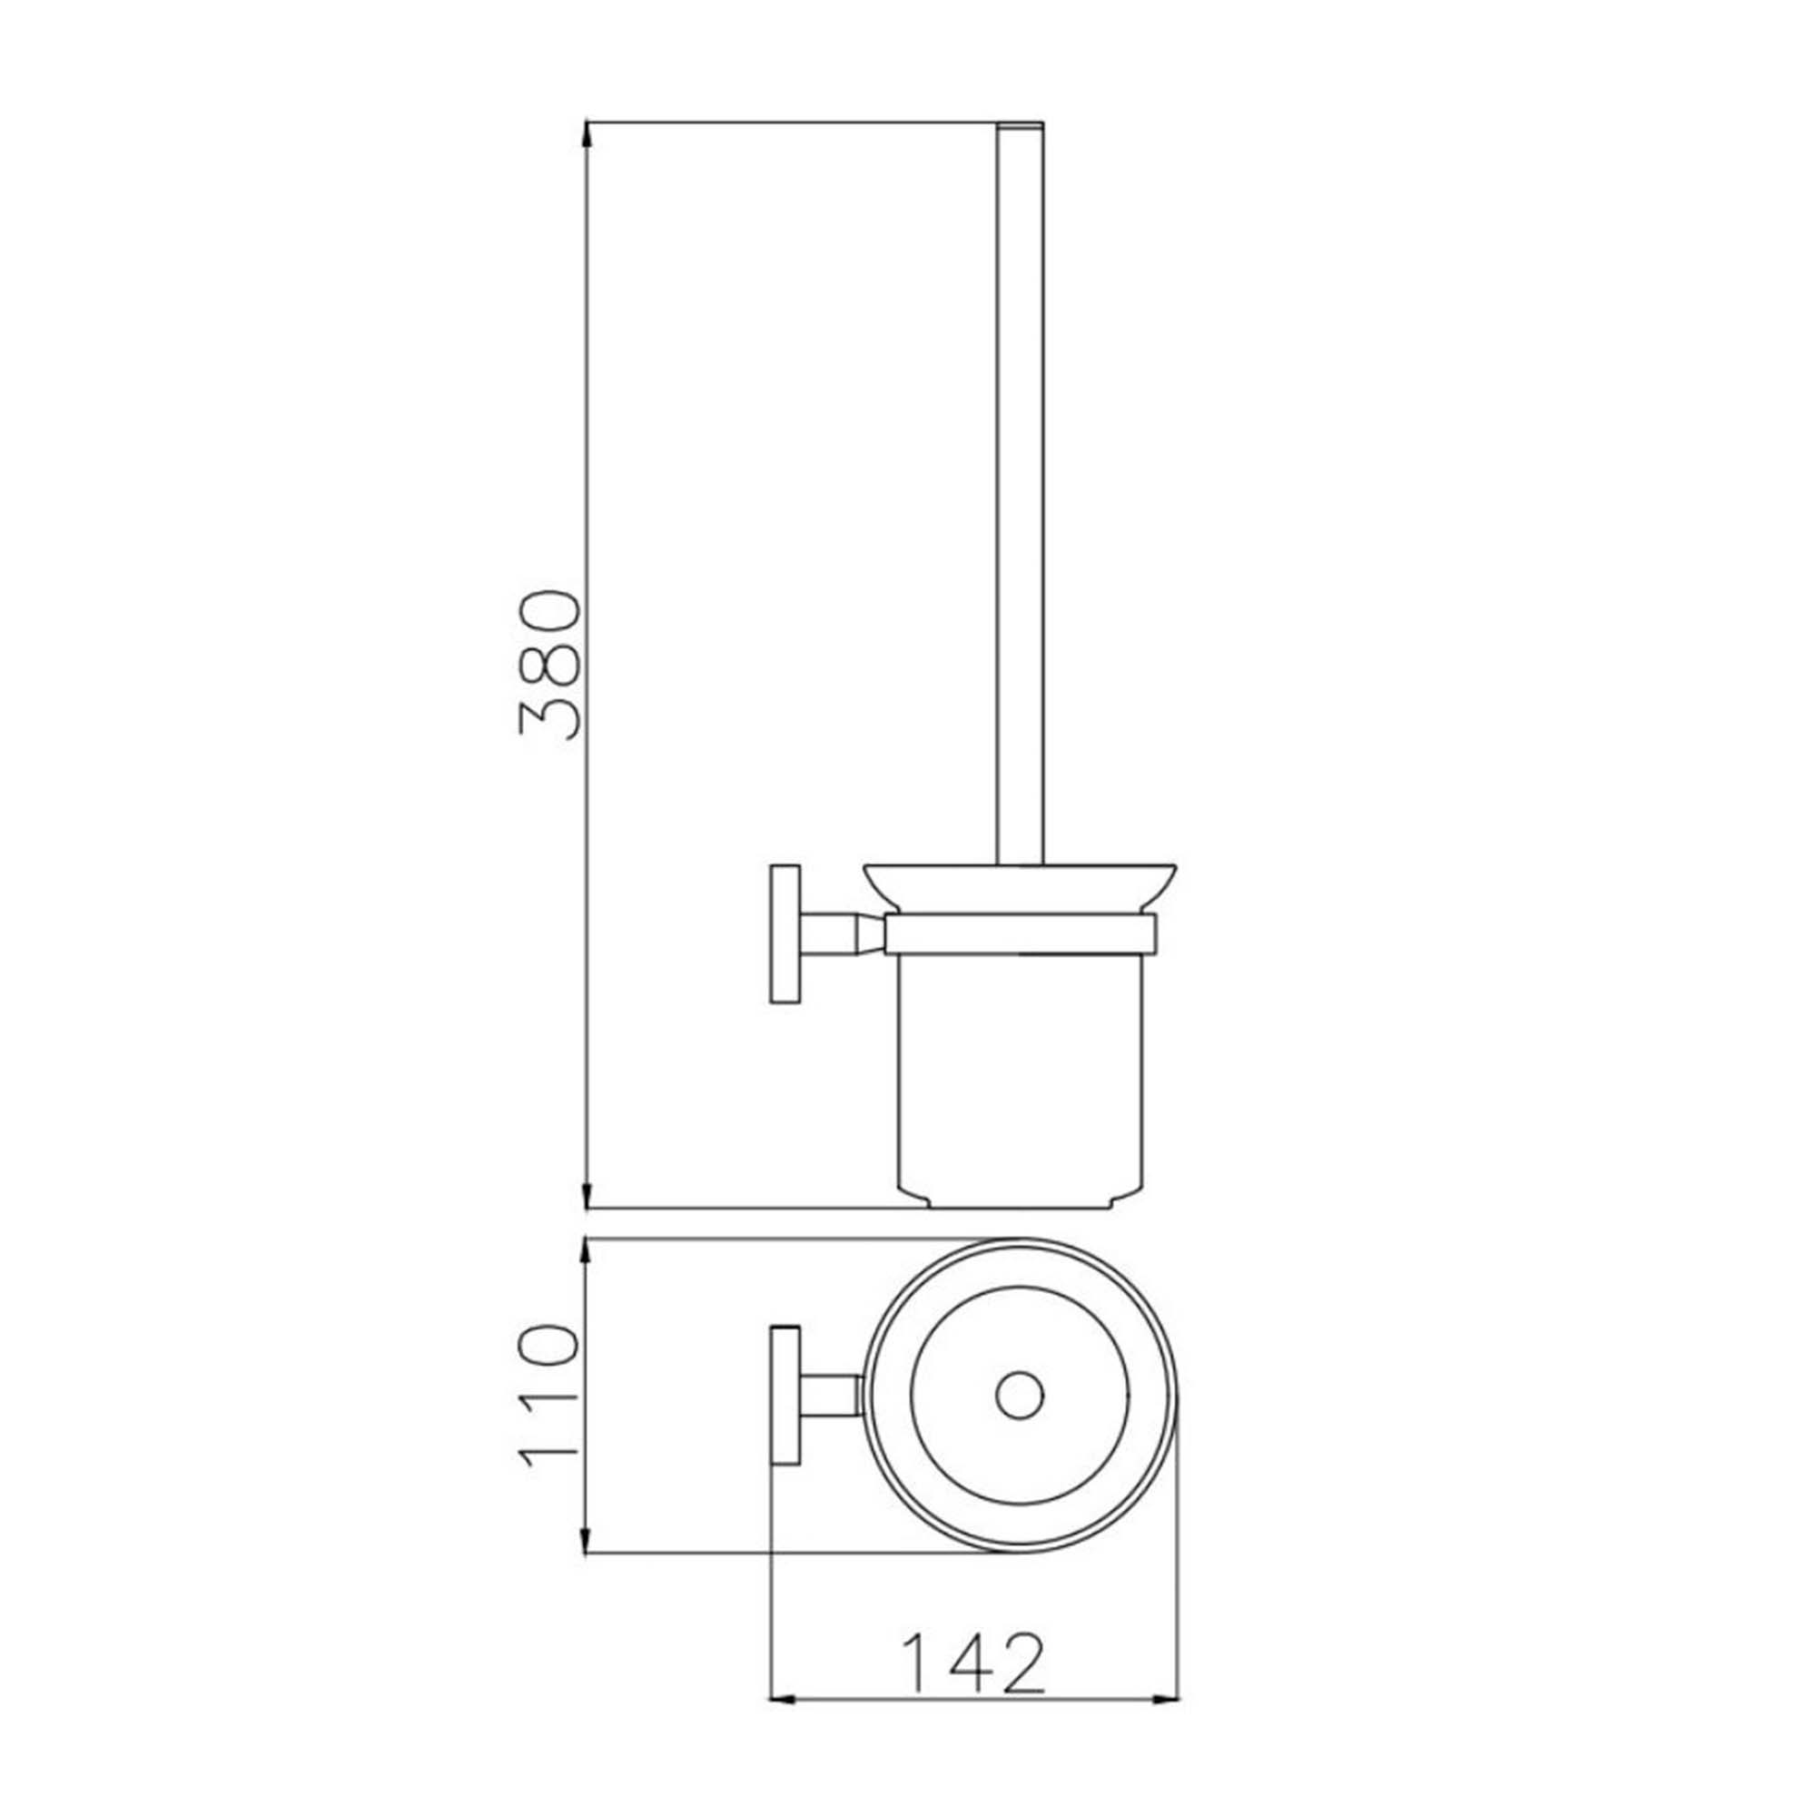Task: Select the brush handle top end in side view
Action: pyautogui.click(x=1020, y=126)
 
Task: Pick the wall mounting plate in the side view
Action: pyautogui.click(x=785, y=934)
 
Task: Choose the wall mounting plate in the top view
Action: pyautogui.click(x=785, y=1396)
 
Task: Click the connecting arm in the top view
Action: pyautogui.click(x=829, y=1396)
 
